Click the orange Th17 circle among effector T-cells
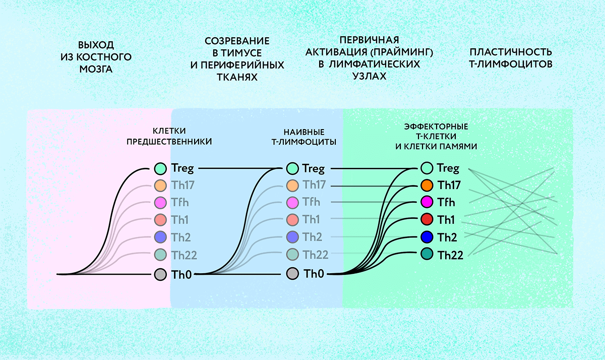427,185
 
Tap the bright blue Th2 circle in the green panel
427,237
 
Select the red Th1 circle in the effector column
427,219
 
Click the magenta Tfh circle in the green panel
427,202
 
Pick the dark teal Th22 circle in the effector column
427,254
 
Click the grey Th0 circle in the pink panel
160,275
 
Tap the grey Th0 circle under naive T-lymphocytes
292,274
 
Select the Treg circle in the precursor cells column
160,168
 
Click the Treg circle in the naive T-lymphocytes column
292,168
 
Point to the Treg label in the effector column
448,168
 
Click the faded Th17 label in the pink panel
183,185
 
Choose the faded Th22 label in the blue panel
315,255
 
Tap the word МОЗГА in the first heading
96,70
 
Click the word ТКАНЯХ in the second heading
237,78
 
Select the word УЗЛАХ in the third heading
369,77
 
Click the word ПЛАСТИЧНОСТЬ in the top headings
511,52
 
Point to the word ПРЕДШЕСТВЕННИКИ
169,142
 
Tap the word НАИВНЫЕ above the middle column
304,132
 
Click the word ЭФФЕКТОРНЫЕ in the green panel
436,127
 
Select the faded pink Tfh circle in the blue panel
292,203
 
